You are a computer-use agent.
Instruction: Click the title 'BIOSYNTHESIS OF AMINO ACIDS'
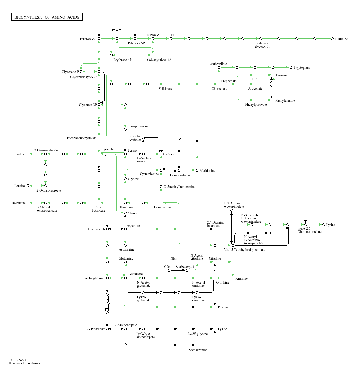pyautogui.click(x=47, y=17)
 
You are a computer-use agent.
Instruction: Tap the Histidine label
pyautogui.click(x=341, y=39)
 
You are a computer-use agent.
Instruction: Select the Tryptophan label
pyautogui.click(x=301, y=68)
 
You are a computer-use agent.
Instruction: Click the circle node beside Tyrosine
pyautogui.click(x=273, y=75)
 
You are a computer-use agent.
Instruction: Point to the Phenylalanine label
pyautogui.click(x=285, y=101)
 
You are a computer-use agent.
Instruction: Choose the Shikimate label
pyautogui.click(x=165, y=89)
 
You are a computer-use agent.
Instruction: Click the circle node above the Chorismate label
pyautogui.click(x=219, y=84)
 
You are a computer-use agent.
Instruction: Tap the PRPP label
pyautogui.click(x=170, y=35)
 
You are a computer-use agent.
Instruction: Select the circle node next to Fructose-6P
pyautogui.click(x=99, y=38)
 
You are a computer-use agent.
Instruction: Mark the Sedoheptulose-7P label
pyautogui.click(x=159, y=60)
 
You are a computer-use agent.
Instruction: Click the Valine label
pyautogui.click(x=21, y=154)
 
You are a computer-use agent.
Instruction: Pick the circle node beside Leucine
pyautogui.click(x=28, y=186)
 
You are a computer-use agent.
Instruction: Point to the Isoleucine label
pyautogui.click(x=19, y=203)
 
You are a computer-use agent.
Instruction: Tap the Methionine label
pyautogui.click(x=207, y=171)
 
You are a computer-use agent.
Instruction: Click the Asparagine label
pyautogui.click(x=126, y=249)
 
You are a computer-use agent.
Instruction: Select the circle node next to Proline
pyautogui.click(x=215, y=307)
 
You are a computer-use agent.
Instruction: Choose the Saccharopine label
pyautogui.click(x=198, y=350)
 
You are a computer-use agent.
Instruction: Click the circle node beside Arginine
pyautogui.click(x=233, y=278)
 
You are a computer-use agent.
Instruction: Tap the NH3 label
pyautogui.click(x=174, y=259)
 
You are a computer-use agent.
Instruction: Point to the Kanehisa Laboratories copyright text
pyautogui.click(x=22, y=363)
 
